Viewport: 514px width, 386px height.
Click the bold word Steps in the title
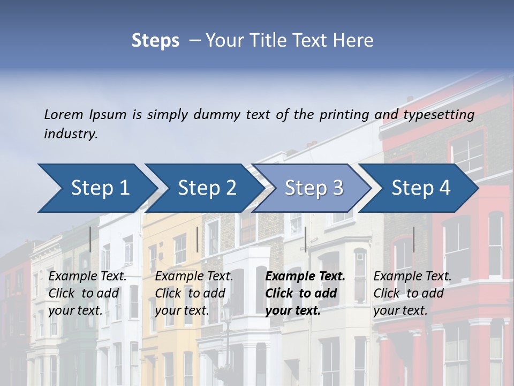tap(155, 40)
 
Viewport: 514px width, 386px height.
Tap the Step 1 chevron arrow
tap(96, 188)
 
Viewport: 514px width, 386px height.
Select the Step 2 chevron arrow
tap(206, 188)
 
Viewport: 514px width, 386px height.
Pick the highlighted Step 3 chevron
tap(313, 188)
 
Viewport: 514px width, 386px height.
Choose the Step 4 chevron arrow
tap(421, 188)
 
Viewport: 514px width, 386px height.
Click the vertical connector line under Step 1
tap(90, 239)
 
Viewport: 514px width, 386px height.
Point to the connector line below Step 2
tap(198, 239)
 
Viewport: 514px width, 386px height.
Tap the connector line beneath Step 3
tap(305, 239)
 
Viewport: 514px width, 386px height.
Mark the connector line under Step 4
tap(413, 239)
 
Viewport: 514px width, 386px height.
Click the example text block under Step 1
tap(87, 293)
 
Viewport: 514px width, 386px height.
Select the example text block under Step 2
tap(194, 293)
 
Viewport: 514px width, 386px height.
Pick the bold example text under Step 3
tap(305, 293)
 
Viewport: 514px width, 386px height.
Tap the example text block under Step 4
tap(412, 293)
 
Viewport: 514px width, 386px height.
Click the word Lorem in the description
tap(63, 114)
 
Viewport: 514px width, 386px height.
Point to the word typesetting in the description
tap(439, 114)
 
